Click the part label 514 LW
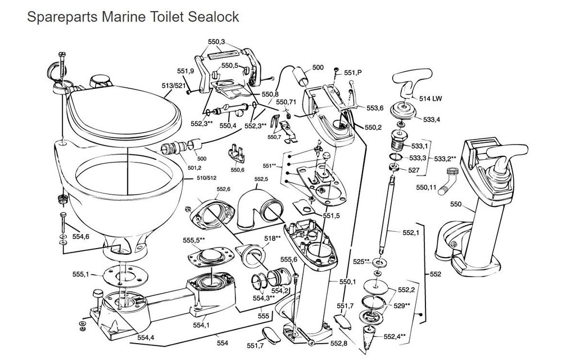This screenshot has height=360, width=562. pyautogui.click(x=430, y=99)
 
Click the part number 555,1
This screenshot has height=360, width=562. pyautogui.click(x=80, y=274)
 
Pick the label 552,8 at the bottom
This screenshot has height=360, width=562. pyautogui.click(x=339, y=343)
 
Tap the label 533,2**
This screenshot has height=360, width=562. pyautogui.click(x=446, y=159)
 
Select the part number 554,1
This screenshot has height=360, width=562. pyautogui.click(x=201, y=325)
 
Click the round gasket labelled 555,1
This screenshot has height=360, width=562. pyautogui.click(x=120, y=274)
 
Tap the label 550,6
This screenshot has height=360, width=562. pyautogui.click(x=237, y=169)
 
